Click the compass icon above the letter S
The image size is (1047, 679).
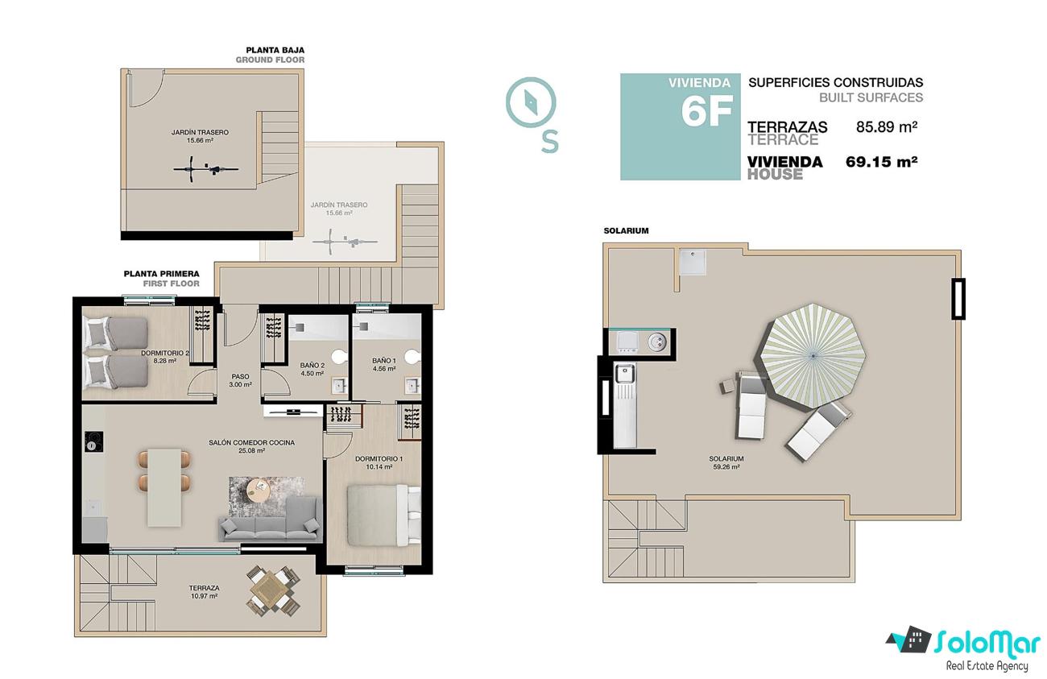(x=531, y=103)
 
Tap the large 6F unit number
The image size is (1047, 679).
(x=706, y=111)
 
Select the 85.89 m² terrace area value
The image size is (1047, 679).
(x=887, y=127)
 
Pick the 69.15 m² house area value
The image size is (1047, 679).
(x=882, y=162)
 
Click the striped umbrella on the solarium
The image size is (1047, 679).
(x=813, y=357)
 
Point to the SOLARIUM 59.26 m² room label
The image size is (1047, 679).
(x=726, y=462)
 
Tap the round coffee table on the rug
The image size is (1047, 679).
(x=259, y=490)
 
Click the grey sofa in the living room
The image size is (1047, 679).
(x=270, y=520)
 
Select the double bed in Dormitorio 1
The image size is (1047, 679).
(x=383, y=515)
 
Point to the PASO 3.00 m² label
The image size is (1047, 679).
(x=240, y=380)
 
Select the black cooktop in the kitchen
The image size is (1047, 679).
(x=93, y=441)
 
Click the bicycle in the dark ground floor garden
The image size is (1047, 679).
(x=205, y=169)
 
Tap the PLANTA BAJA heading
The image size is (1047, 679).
(x=275, y=50)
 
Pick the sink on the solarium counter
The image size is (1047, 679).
(x=624, y=374)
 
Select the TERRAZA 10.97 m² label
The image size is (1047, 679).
(x=205, y=592)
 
